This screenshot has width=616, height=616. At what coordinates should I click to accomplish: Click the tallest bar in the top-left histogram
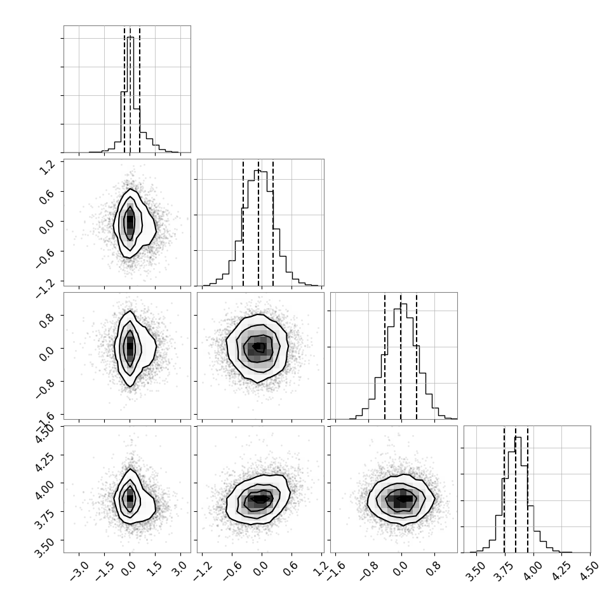(x=130, y=95)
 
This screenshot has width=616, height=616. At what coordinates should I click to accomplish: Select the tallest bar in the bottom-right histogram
(x=518, y=495)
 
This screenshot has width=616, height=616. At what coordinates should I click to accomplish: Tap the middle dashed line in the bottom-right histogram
(x=516, y=489)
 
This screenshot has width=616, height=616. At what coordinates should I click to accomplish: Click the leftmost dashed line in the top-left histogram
(x=124, y=89)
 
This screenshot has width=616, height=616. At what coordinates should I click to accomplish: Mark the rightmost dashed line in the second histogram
(x=273, y=222)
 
